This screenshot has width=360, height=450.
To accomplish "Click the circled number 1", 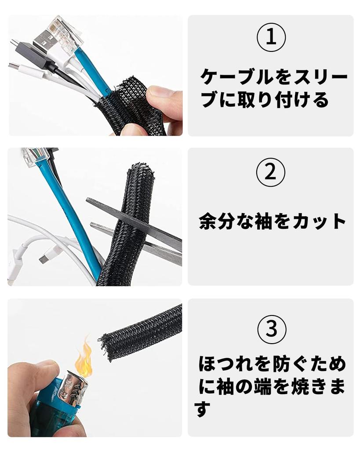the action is (271, 38).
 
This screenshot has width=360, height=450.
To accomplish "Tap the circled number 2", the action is (271, 173).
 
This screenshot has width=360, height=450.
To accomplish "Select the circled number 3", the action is (272, 329).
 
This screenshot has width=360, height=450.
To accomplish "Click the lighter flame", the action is (83, 356).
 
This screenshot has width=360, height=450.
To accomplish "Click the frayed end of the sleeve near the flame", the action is (107, 347).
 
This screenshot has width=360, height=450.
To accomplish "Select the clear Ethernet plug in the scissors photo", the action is (34, 158).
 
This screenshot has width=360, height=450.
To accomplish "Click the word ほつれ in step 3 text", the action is (226, 364).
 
